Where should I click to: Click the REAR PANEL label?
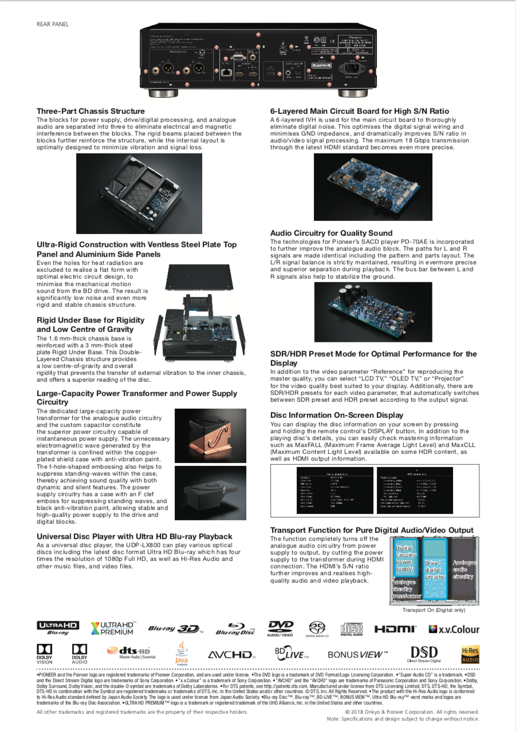[x=52, y=24]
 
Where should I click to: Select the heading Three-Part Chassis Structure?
[x=90, y=111]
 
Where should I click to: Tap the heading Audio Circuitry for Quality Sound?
[x=331, y=233]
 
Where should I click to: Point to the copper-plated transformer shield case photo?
[x=210, y=435]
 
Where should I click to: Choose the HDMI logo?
[x=395, y=629]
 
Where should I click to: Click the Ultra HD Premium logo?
[x=113, y=628]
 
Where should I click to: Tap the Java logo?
[x=182, y=653]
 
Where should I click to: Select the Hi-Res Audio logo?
[x=470, y=654]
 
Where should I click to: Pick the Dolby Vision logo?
[x=45, y=653]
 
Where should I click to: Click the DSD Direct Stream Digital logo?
[x=424, y=654]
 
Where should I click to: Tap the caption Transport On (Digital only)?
[x=434, y=610]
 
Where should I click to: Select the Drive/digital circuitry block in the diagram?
[x=434, y=570]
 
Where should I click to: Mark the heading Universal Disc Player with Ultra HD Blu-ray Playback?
[x=135, y=536]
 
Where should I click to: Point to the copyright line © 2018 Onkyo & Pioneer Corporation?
[x=412, y=712]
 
